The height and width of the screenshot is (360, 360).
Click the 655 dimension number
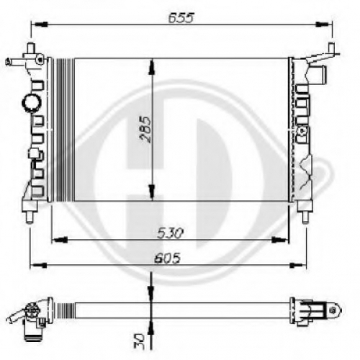(181, 17)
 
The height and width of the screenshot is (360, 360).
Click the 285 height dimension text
(145, 130)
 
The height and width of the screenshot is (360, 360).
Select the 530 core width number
(170, 233)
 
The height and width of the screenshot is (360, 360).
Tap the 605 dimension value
(167, 258)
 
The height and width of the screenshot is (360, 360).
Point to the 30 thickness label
(139, 341)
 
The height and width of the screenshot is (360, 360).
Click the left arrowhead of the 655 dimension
(41, 24)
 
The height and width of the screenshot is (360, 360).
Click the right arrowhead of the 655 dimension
(322, 24)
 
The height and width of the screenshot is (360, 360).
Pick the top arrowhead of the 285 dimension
(152, 67)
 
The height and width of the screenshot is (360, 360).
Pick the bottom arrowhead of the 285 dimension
(152, 192)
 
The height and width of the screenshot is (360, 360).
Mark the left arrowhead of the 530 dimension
(60, 239)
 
